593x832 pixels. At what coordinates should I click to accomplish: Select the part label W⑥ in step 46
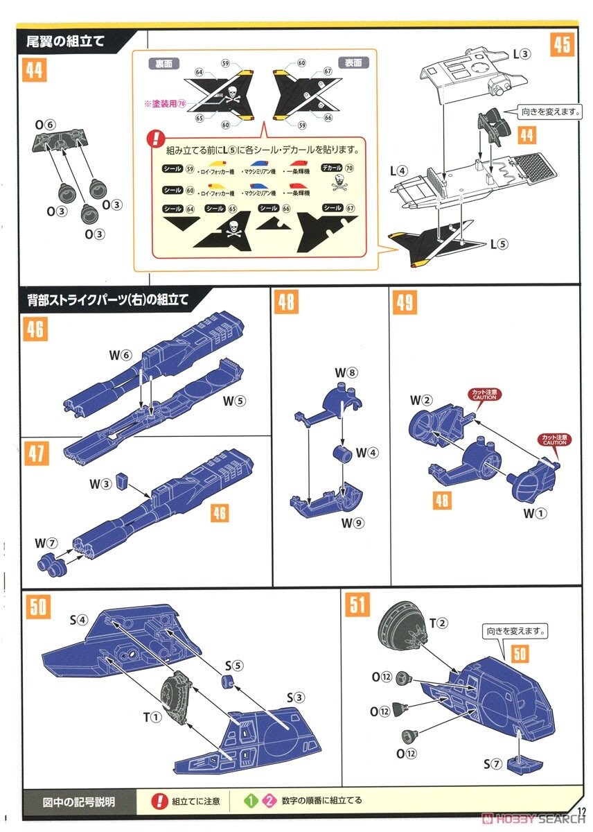point(119,354)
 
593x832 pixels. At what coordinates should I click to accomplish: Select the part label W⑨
point(351,523)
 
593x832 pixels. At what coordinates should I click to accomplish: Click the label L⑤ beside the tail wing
point(499,244)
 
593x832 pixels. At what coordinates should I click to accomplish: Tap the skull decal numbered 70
point(339,182)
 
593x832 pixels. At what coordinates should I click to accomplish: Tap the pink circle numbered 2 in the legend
point(266,800)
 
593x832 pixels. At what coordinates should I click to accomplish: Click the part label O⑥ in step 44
point(46,124)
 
